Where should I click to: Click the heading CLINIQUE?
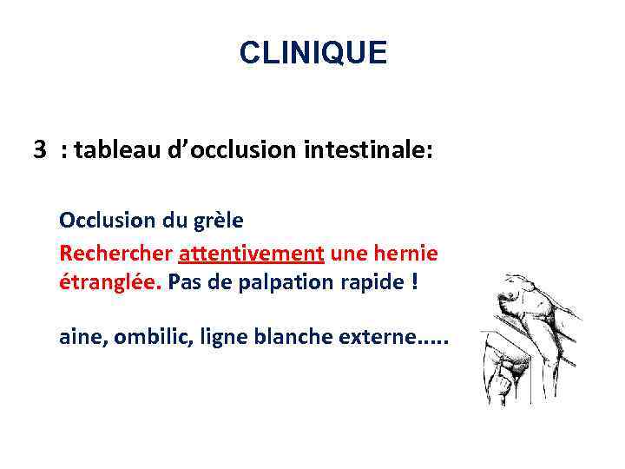pos(312,54)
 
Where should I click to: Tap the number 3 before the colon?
pos(40,151)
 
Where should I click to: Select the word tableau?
pos(112,151)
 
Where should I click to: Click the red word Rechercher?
pos(116,254)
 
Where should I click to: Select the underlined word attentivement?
pos(251,254)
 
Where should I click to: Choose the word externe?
pos(375,337)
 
